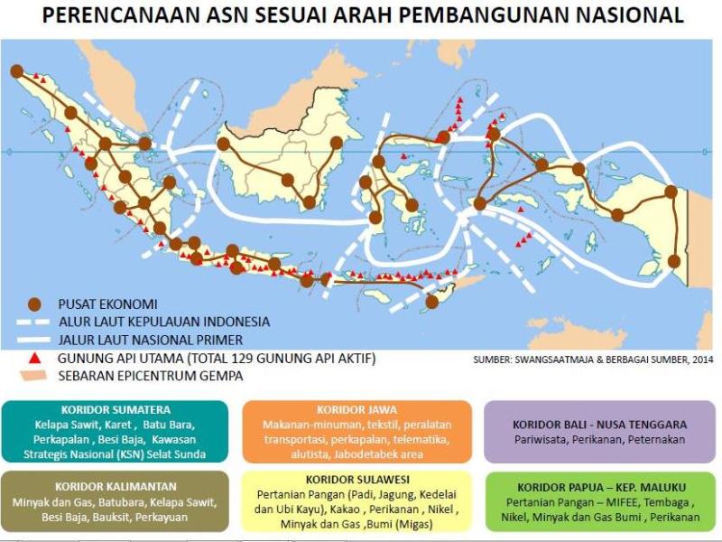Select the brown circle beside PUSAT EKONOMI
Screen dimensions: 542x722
(35, 304)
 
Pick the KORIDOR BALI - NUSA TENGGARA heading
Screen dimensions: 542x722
(600, 424)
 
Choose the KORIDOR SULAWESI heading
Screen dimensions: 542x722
(358, 478)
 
